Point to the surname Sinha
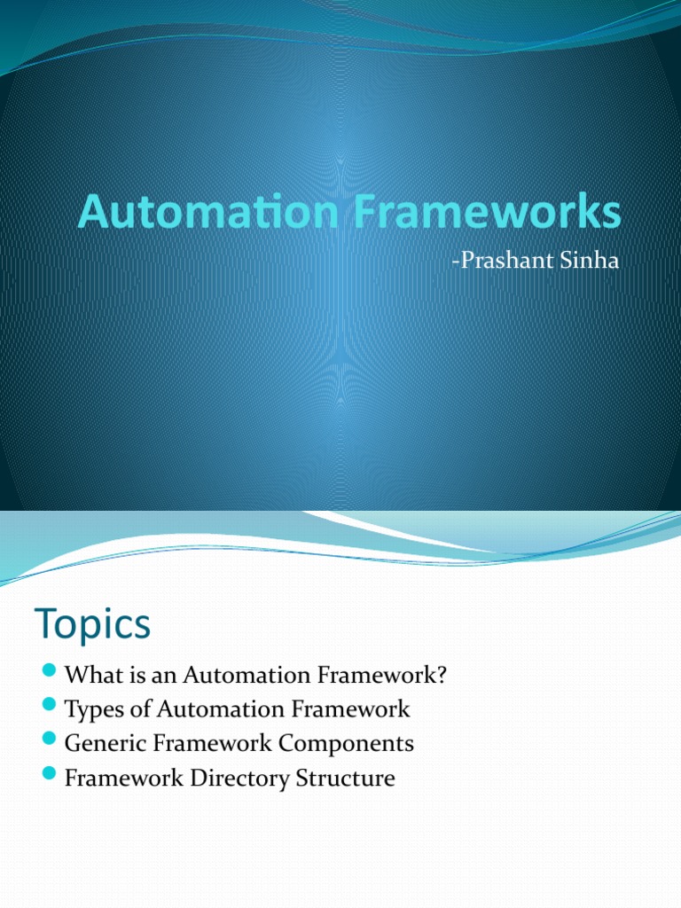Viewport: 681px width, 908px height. [585, 262]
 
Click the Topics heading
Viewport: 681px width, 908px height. [93, 625]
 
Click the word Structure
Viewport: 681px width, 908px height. [350, 779]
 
